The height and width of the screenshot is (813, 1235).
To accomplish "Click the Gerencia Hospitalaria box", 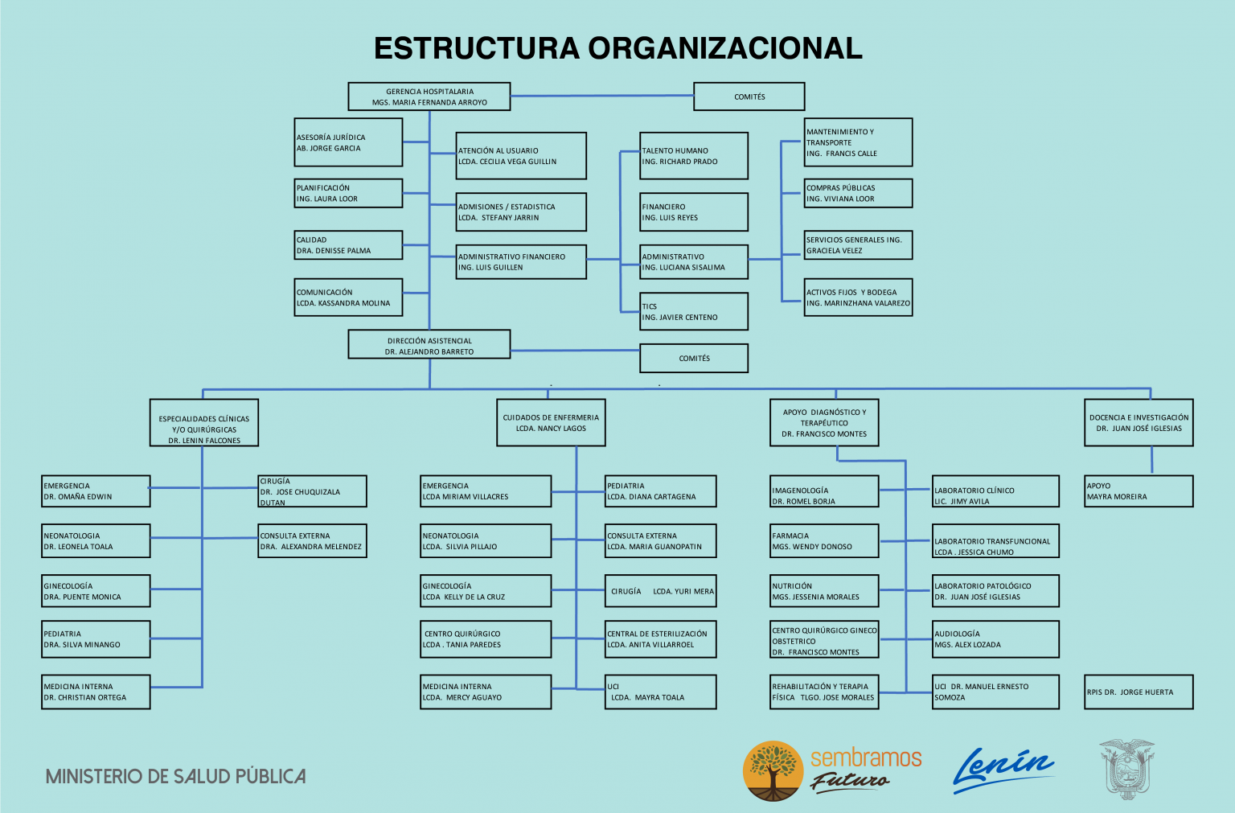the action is (x=429, y=96).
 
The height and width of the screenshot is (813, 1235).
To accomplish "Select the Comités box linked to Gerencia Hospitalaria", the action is (x=749, y=96).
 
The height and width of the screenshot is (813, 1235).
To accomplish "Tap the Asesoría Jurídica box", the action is (x=348, y=142).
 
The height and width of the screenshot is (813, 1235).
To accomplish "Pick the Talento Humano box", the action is (x=694, y=155).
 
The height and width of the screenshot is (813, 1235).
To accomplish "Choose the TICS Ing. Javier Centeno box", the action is (x=694, y=312).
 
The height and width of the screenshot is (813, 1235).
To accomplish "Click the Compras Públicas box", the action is (x=858, y=193).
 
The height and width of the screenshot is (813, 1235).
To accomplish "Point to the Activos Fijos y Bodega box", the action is (x=858, y=298).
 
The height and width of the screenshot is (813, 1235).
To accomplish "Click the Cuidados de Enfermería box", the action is (x=551, y=422).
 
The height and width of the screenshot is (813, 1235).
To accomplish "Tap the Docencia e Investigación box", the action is (x=1139, y=422).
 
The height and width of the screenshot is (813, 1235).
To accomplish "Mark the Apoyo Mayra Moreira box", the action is (x=1139, y=491).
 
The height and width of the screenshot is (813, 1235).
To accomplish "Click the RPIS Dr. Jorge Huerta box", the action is (x=1139, y=692).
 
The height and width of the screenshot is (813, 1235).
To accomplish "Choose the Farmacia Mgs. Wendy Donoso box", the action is (x=824, y=541).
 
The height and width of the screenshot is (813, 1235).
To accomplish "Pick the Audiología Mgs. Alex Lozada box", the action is (x=995, y=639).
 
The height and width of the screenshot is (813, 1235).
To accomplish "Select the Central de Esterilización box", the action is (x=660, y=639).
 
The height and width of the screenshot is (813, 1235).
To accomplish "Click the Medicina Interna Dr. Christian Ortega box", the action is (x=96, y=692).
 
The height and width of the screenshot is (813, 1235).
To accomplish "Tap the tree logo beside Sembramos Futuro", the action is (x=773, y=770).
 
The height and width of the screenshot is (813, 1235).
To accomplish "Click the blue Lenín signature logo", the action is (x=1003, y=770).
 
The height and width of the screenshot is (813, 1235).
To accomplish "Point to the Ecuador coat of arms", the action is (x=1126, y=770).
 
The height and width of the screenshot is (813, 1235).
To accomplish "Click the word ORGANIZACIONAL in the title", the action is (x=725, y=48).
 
